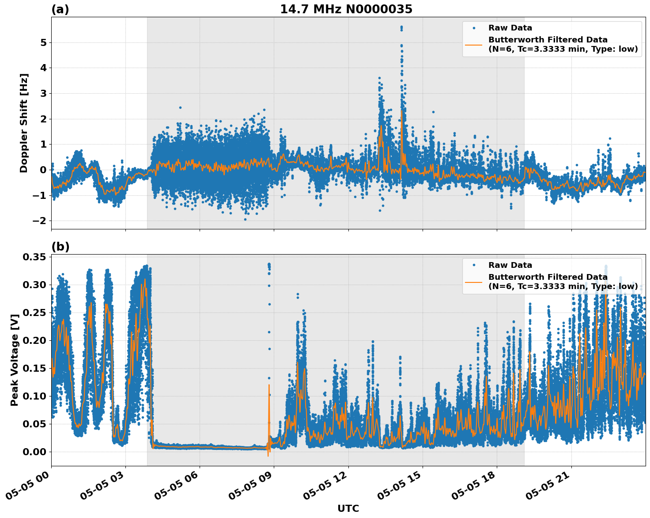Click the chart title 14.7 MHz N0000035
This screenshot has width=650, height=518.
pos(346,9)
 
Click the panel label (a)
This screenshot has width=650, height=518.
pos(60,9)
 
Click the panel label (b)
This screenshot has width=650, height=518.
pos(60,247)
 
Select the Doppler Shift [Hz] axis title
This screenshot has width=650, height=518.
pos(24,123)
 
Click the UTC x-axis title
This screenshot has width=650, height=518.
pos(348,508)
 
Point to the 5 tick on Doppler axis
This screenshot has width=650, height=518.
pos(43,43)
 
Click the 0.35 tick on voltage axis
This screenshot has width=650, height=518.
pos(34,257)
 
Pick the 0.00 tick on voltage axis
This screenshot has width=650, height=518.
pos(34,452)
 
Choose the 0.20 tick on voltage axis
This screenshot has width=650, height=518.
pos(34,340)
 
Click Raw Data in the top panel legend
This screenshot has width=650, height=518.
pos(510,28)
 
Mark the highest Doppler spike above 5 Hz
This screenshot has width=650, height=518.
pos(401,27)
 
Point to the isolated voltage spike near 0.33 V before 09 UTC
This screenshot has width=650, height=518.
pos(269,265)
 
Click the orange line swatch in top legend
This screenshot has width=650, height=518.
pos(474,44)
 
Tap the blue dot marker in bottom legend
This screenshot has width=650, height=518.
pos(474,265)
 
